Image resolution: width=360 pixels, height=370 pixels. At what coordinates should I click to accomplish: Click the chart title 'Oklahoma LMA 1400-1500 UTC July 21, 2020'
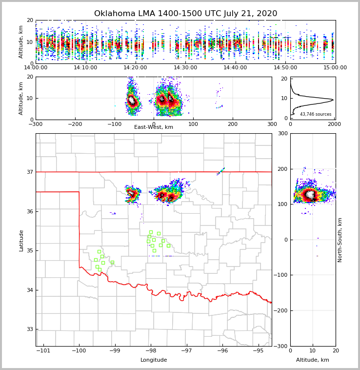click(x=185, y=14)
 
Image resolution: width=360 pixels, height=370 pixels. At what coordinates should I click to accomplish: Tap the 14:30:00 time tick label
click(x=186, y=68)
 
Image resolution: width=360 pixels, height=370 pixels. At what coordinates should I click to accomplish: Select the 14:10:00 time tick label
click(x=85, y=68)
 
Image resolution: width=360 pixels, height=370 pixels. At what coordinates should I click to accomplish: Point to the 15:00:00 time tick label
click(x=335, y=68)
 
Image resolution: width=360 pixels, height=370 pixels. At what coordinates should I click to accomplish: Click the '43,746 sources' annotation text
click(x=316, y=114)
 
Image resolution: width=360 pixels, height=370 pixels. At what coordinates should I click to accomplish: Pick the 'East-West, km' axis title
click(x=154, y=127)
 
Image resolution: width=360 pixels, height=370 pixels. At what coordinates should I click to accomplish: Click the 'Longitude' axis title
click(x=154, y=360)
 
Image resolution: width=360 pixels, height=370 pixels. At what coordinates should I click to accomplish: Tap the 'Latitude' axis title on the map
click(x=21, y=240)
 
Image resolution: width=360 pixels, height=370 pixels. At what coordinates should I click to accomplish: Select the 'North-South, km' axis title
click(x=340, y=240)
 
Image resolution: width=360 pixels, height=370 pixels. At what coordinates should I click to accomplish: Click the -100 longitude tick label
click(x=79, y=350)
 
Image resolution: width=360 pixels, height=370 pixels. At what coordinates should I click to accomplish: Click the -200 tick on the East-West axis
click(x=75, y=124)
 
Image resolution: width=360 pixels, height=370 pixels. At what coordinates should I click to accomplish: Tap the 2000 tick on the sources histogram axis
click(x=334, y=124)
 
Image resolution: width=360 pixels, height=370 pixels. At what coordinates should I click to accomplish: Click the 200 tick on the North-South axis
click(x=282, y=169)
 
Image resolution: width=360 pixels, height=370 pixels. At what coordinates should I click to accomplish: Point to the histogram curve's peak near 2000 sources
click(x=333, y=100)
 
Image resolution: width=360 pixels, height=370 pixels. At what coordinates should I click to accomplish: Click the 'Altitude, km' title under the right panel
click(x=313, y=360)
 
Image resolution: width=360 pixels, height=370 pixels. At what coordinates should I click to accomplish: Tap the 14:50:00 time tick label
click(x=285, y=68)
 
